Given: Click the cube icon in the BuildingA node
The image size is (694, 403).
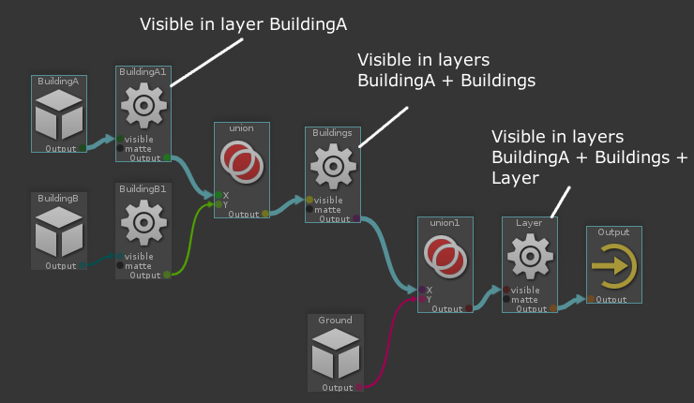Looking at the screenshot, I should pyautogui.click(x=59, y=116).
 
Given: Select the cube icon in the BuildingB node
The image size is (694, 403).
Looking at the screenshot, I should pyautogui.click(x=59, y=232).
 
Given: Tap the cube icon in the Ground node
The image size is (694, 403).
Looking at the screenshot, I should pyautogui.click(x=335, y=355).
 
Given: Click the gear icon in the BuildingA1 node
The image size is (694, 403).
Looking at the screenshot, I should pyautogui.click(x=144, y=107).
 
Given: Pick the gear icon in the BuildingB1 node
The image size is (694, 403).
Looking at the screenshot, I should pyautogui.click(x=144, y=223).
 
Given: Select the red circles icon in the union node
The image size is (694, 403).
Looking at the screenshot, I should pyautogui.click(x=241, y=162).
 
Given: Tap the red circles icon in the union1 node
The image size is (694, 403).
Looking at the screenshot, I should pyautogui.click(x=445, y=258).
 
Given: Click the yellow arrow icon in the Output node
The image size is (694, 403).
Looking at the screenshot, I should pyautogui.click(x=614, y=265).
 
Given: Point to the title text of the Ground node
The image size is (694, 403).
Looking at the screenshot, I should pyautogui.click(x=335, y=321).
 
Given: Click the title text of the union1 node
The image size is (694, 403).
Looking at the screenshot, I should pyautogui.click(x=445, y=224).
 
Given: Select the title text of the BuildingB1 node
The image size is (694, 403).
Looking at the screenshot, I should pyautogui.click(x=144, y=188).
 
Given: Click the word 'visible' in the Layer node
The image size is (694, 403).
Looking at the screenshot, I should pyautogui.click(x=526, y=290).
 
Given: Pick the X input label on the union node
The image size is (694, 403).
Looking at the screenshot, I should pyautogui.click(x=225, y=195).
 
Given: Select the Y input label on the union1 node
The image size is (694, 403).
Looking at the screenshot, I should pyautogui.click(x=429, y=299).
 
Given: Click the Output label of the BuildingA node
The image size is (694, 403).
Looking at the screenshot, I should pyautogui.click(x=61, y=148).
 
